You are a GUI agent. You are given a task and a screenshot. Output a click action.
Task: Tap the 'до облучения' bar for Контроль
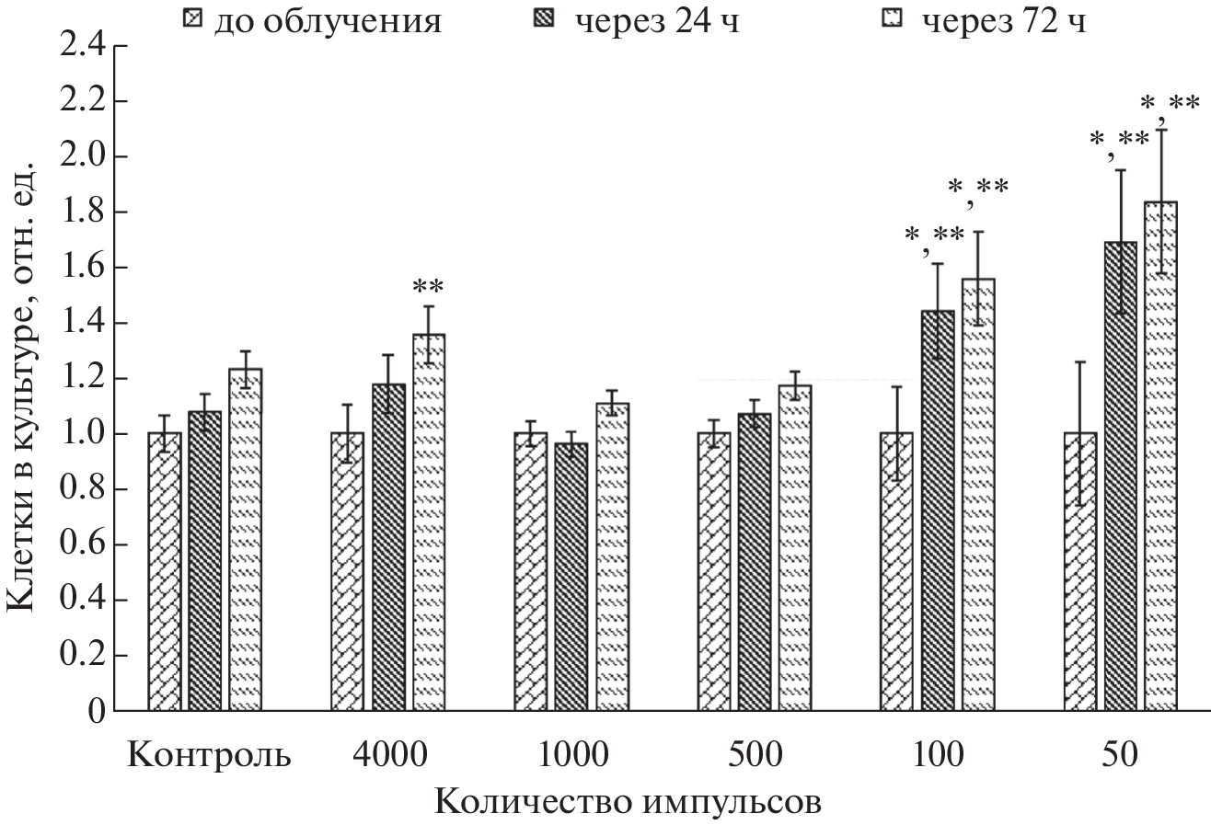[x=164, y=571]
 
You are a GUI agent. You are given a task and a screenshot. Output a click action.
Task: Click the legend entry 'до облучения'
[x=312, y=19]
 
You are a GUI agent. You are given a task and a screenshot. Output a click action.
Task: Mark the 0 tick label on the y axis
[x=96, y=711]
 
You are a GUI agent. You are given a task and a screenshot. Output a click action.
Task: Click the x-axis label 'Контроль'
[x=209, y=756]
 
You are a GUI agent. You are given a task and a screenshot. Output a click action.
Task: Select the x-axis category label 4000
[x=388, y=756]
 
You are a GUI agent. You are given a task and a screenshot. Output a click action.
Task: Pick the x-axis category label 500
[x=755, y=756]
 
